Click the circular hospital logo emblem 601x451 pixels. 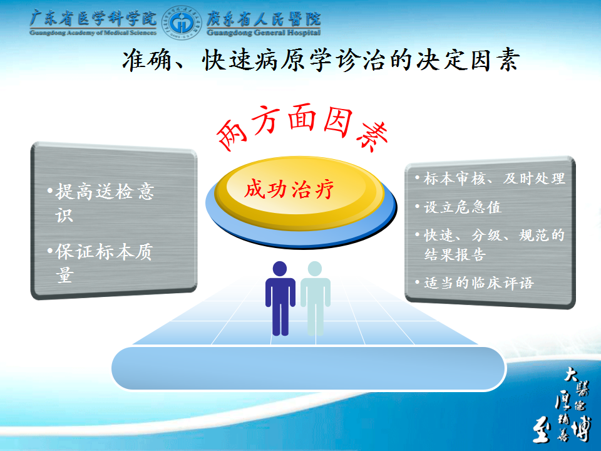coord(182,23)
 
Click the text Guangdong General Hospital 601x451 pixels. coord(264,33)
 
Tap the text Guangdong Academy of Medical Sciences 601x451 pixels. coord(93,33)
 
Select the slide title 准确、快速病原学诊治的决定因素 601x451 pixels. coord(321,60)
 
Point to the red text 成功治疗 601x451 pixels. coord(289,189)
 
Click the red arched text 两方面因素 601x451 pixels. coord(302,127)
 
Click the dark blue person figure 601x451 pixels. coord(280,298)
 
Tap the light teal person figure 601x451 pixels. coord(315,298)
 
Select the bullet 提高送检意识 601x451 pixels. coord(101,202)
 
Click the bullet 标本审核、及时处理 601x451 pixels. coord(490,179)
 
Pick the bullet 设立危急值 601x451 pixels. coord(458,207)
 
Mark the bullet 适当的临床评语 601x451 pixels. coord(475,283)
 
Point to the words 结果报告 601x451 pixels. coord(455,254)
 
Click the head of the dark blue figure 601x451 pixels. coord(280,269)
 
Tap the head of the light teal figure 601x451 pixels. coord(315,269)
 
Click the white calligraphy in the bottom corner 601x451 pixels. coord(562,405)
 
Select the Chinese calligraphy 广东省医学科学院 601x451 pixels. coord(93,18)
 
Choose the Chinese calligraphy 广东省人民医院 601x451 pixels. coord(264,18)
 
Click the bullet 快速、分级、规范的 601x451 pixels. coord(490,236)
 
